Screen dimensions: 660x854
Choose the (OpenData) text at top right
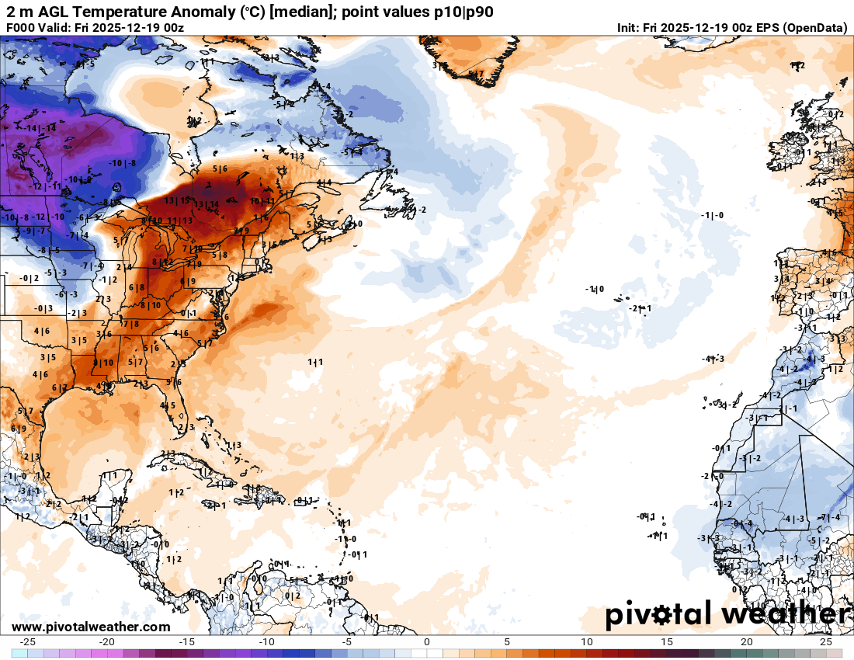[815, 28]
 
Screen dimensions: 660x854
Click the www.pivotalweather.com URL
[91, 627]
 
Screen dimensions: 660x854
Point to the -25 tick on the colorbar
[28, 642]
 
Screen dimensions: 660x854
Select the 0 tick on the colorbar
[427, 642]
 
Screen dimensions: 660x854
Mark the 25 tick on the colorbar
[826, 642]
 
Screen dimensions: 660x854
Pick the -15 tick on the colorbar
[187, 642]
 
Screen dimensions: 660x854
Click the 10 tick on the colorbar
[587, 642]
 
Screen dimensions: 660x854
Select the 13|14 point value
[207, 204]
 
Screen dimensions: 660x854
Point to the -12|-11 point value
[46, 187]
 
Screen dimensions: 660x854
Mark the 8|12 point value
[162, 262]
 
